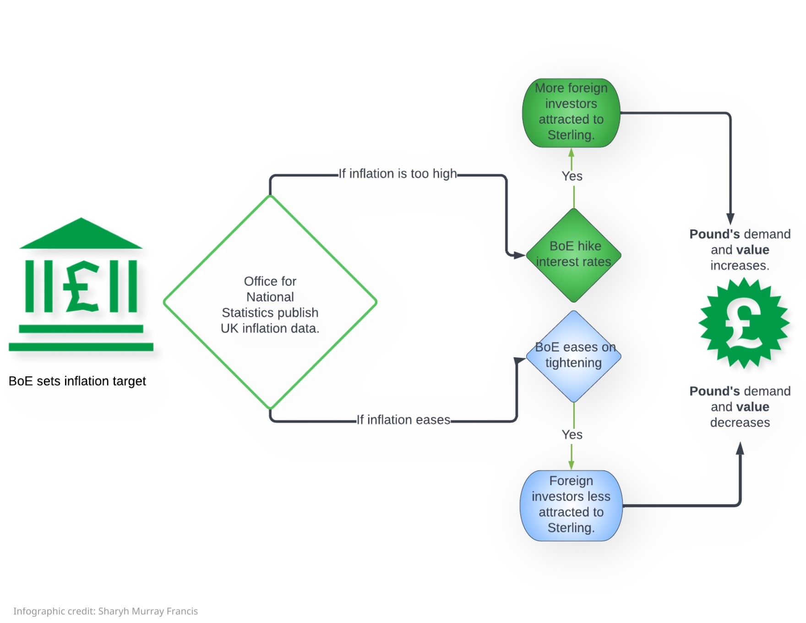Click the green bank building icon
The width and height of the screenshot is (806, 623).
[81, 284]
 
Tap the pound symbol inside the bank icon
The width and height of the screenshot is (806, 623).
[82, 287]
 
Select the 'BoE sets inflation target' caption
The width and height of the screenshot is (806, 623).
[77, 381]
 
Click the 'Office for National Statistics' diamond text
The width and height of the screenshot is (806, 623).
[270, 304]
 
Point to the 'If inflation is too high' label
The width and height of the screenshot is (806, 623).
[398, 174]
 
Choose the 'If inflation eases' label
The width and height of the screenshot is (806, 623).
[403, 420]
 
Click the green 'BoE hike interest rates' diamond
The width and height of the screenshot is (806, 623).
[573, 255]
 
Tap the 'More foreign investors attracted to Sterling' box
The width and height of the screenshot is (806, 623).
[571, 112]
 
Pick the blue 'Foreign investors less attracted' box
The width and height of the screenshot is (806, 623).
[571, 505]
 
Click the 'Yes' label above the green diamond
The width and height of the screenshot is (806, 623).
[572, 176]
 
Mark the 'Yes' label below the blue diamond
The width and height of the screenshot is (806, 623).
[572, 435]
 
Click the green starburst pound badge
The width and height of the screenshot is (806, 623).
[744, 323]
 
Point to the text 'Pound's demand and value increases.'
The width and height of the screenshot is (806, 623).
[740, 250]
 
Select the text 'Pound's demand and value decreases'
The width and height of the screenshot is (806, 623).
[740, 407]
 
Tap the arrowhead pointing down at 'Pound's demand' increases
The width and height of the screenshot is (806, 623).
[730, 219]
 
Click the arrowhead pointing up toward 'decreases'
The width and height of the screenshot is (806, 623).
[740, 448]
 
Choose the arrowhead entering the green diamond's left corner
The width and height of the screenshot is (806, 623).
[519, 255]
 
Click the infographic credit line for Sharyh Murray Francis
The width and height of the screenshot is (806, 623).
[105, 611]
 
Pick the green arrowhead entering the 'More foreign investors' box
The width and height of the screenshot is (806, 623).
[571, 153]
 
